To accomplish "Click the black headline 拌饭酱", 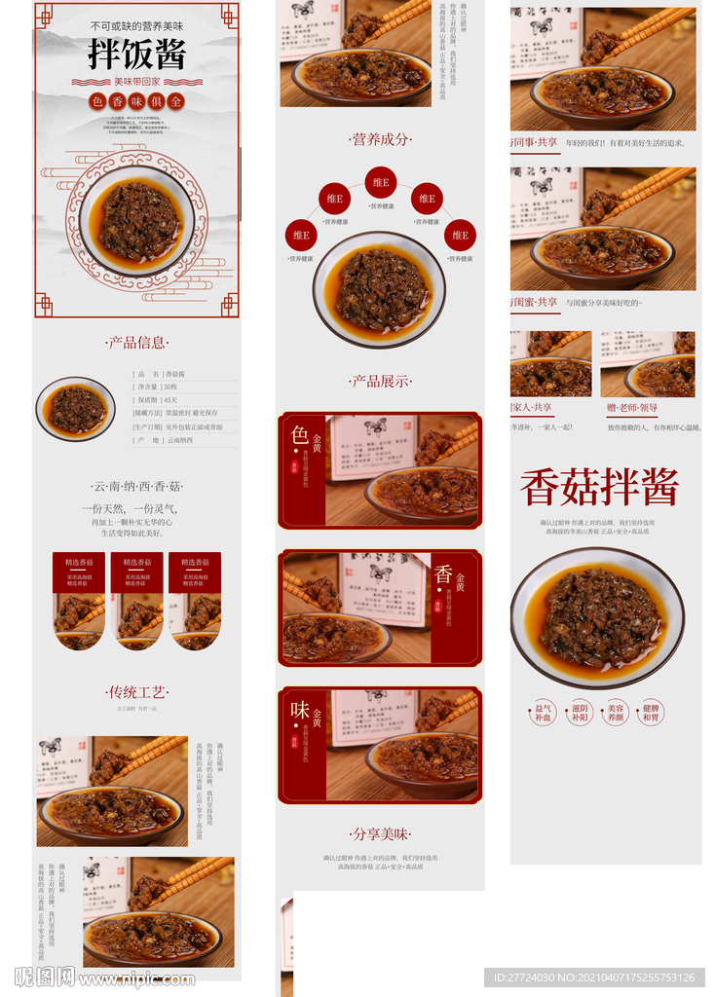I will (x=136, y=55).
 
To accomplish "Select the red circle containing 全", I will (x=175, y=100).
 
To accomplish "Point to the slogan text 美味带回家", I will (x=136, y=82).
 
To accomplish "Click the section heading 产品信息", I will (x=136, y=343).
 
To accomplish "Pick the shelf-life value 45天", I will (x=171, y=400).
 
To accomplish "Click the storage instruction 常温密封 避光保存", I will (x=193, y=413).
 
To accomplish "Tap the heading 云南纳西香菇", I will (x=136, y=486).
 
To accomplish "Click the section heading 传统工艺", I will (x=136, y=692).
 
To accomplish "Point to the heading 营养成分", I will (x=380, y=139).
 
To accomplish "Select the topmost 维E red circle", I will (x=381, y=182).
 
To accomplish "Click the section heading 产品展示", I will (x=380, y=382).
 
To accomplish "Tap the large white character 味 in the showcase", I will (x=300, y=710).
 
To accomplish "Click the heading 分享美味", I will (x=380, y=834).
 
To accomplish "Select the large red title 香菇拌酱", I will (x=599, y=488).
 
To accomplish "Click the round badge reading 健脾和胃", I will (x=651, y=713).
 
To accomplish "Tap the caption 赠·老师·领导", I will (x=632, y=407).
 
